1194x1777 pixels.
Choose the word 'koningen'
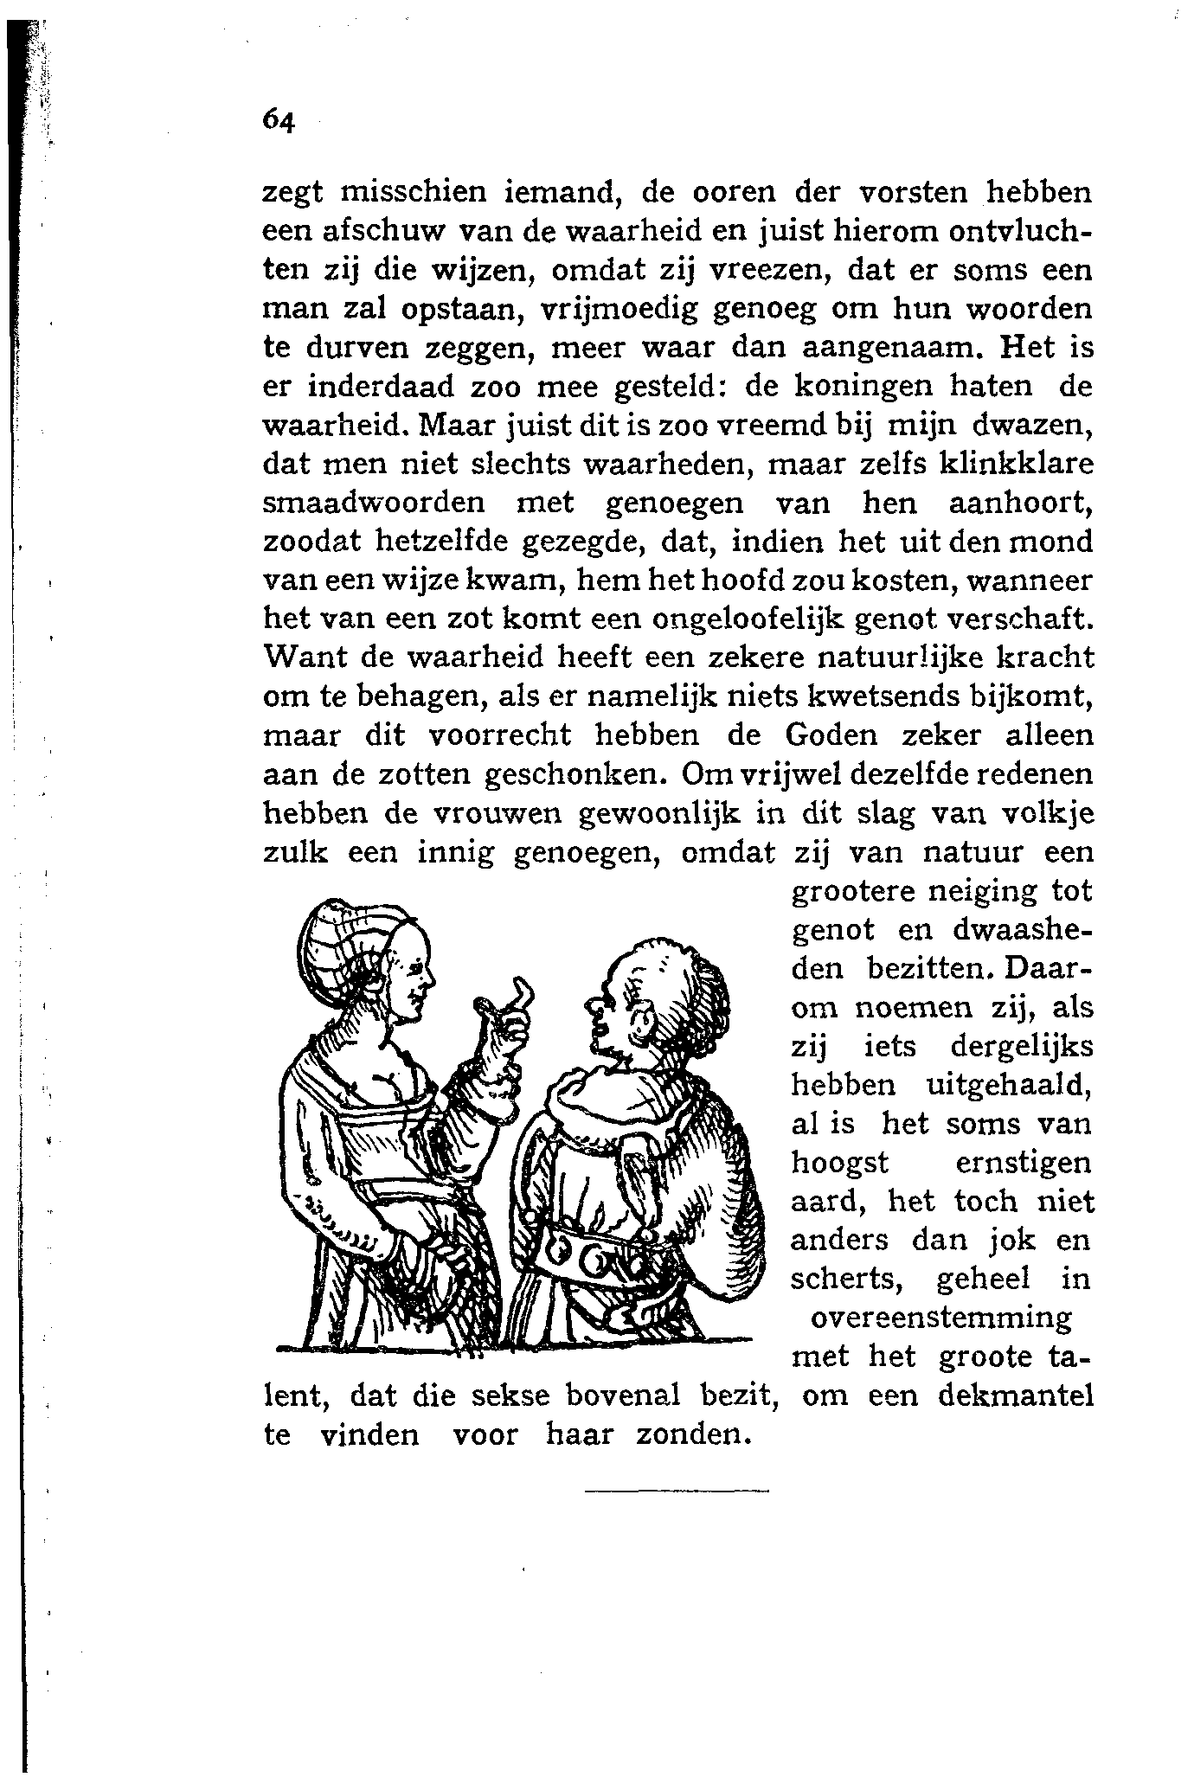(855, 388)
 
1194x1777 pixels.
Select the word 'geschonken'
(574, 774)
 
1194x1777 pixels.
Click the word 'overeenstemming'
(941, 1318)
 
